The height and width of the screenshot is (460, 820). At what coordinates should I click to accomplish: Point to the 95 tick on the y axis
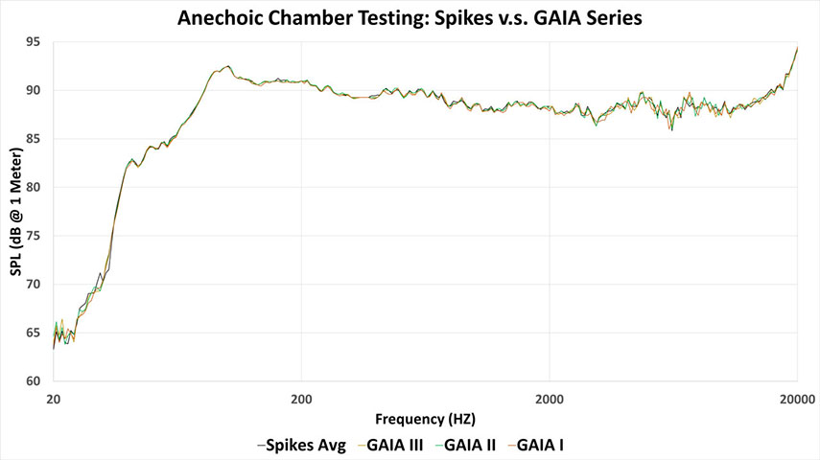33,42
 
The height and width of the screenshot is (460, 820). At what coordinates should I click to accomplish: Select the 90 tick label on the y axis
33,90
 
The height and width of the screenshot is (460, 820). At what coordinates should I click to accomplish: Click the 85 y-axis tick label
33,139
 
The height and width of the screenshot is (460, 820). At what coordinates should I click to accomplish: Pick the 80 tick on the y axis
33,188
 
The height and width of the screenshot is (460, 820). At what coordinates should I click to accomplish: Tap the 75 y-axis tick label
33,236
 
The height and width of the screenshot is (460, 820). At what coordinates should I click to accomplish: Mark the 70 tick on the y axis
33,285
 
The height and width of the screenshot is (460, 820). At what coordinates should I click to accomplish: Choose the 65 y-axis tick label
33,333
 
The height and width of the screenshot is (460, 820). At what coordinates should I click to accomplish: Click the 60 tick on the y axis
33,381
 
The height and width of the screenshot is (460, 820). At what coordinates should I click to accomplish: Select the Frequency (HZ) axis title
425,420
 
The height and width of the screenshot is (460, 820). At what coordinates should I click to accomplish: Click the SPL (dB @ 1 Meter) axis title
15,212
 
